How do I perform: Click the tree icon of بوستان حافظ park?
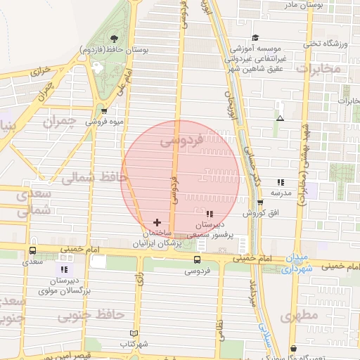(115, 38)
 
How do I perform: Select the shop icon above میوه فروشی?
(104, 110)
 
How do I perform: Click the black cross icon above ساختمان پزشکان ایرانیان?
(156, 222)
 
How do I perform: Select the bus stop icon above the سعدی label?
(32, 251)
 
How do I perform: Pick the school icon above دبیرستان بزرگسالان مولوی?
(64, 269)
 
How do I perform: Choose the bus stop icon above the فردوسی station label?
(198, 259)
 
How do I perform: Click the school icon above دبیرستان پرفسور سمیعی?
(209, 214)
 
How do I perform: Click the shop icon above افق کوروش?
(259, 202)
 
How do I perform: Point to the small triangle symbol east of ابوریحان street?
(280, 118)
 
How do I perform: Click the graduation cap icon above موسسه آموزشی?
(255, 37)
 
